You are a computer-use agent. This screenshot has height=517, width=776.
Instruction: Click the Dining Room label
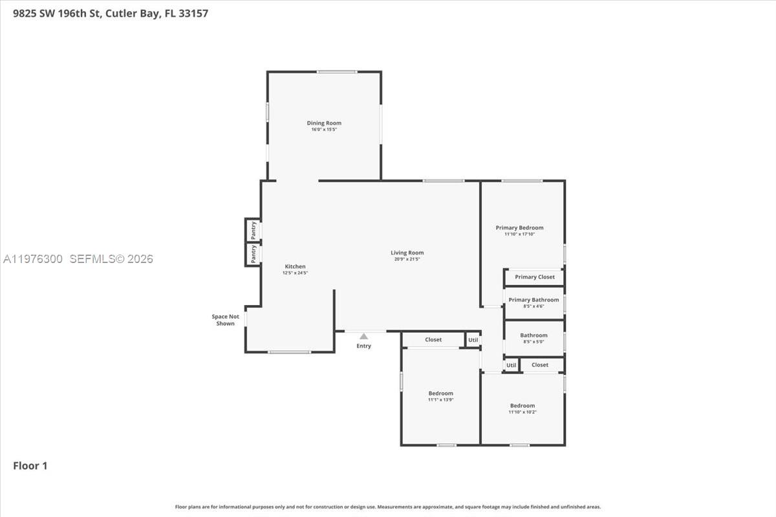(324, 123)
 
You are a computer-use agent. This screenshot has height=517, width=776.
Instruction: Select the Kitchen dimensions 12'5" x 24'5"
(295, 273)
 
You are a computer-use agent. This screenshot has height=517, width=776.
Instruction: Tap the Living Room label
(407, 253)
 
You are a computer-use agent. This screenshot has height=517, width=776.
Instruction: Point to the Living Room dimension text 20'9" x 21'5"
(407, 259)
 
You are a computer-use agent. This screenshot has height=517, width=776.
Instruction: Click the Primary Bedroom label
(519, 227)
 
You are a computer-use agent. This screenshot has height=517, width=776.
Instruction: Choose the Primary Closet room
(534, 277)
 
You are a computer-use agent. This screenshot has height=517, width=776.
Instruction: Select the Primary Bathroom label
(533, 300)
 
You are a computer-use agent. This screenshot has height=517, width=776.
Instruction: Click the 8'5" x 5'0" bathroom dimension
(533, 342)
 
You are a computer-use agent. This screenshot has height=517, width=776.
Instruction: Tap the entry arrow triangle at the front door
(363, 336)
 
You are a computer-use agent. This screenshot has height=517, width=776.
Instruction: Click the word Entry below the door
(363, 346)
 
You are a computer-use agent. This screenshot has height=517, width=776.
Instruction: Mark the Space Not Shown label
(225, 320)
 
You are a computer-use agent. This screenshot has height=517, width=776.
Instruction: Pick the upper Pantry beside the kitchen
(253, 229)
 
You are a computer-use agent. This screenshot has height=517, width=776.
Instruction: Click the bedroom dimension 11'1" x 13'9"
(440, 400)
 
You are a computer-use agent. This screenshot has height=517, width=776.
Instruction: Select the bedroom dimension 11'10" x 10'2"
(523, 412)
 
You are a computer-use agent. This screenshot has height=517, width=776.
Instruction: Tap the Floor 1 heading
(30, 465)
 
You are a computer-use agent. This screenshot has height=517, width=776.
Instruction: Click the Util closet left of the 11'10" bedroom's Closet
(512, 365)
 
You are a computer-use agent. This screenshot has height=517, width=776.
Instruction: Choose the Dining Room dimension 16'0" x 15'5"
(324, 130)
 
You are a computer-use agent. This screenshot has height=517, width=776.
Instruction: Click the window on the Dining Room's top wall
(336, 72)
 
